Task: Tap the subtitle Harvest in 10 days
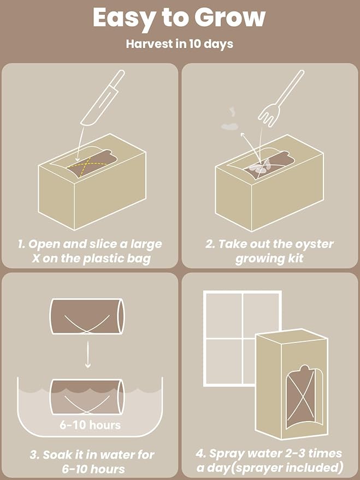pos(180,44)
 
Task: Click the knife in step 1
pos(102,98)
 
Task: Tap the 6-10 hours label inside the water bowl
pos(88,424)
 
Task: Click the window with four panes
pos(242,338)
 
